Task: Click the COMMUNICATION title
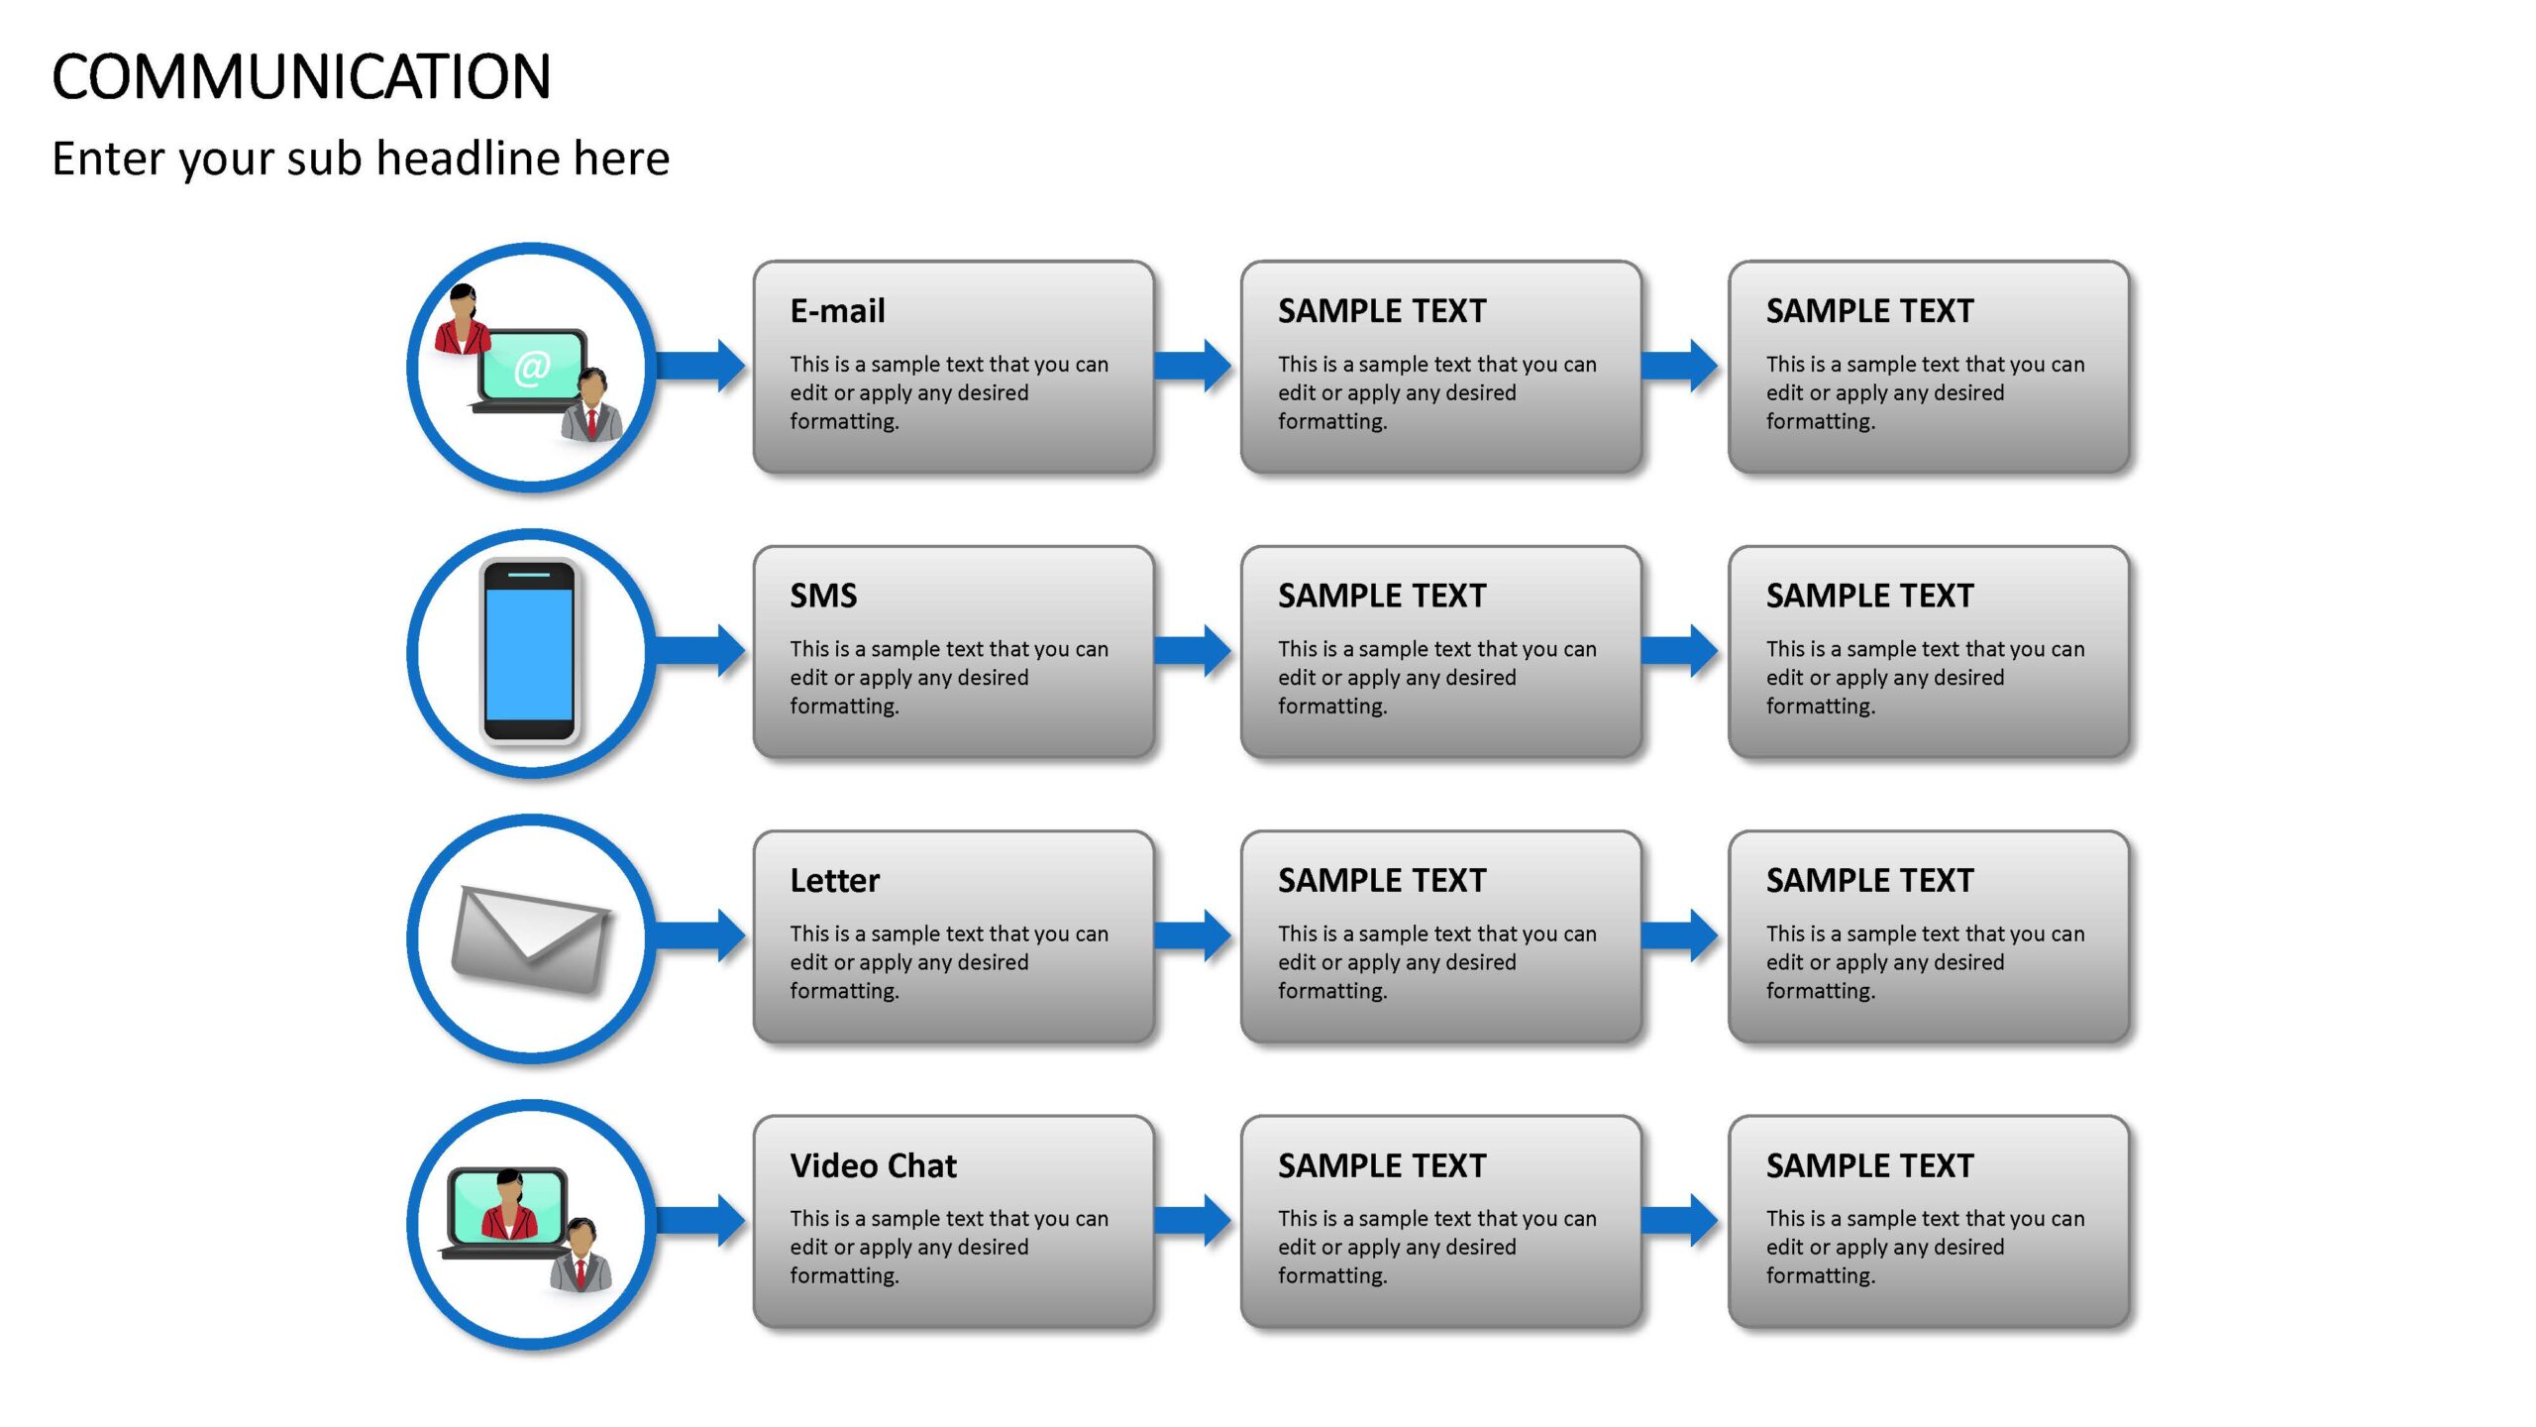click(x=301, y=77)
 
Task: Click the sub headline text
click(x=361, y=159)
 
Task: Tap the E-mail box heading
click(x=837, y=311)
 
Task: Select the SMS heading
click(x=823, y=596)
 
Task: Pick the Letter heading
click(x=834, y=880)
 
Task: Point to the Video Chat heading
click(x=873, y=1165)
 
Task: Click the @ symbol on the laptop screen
click(x=532, y=368)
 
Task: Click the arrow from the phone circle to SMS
click(x=699, y=650)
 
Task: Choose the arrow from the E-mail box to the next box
click(x=1193, y=366)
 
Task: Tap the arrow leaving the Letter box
click(x=1193, y=934)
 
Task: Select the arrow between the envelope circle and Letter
click(x=699, y=934)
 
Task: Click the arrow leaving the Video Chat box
click(x=1193, y=1220)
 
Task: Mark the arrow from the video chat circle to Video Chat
click(x=699, y=1220)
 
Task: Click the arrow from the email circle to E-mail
click(x=699, y=366)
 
